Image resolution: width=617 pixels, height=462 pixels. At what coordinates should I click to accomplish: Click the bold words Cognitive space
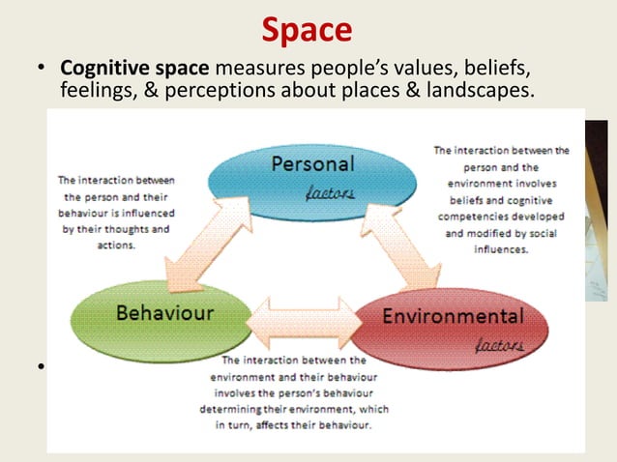click(134, 70)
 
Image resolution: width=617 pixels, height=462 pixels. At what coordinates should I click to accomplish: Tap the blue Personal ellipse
click(312, 174)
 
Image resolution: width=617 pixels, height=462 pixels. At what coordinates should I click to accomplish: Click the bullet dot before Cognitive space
click(43, 71)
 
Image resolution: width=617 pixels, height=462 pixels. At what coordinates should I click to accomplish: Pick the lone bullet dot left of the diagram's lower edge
click(43, 367)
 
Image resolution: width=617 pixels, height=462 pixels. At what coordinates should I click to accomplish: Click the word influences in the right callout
click(500, 247)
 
